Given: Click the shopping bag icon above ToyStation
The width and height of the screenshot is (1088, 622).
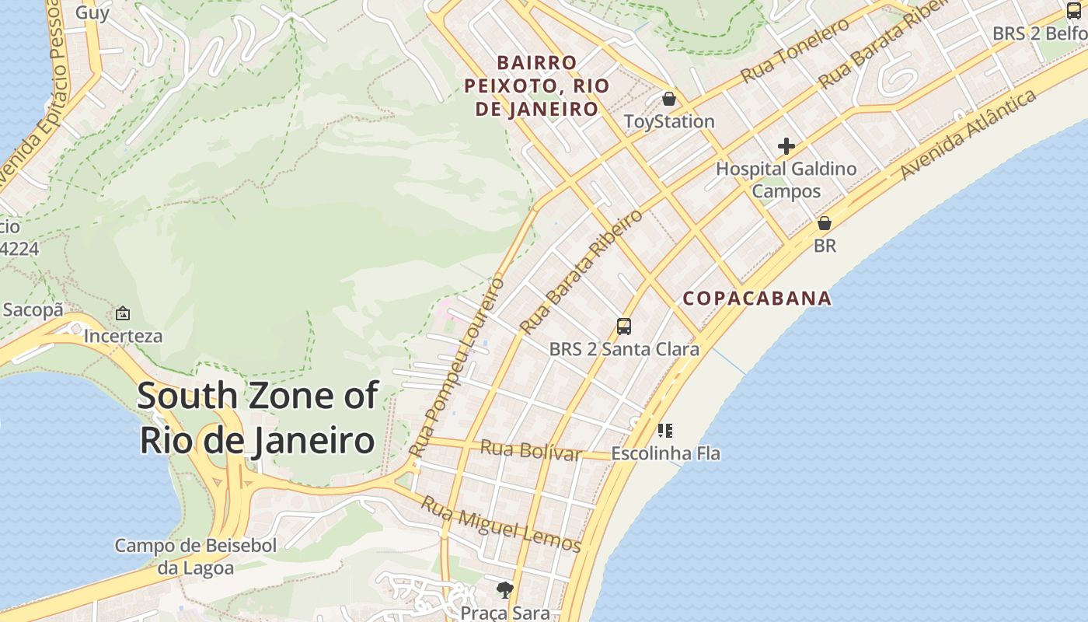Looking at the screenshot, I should (x=668, y=99).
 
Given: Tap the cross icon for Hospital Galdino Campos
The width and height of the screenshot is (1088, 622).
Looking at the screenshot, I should (x=786, y=146).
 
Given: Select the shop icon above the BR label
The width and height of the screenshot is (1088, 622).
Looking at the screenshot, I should (x=824, y=223).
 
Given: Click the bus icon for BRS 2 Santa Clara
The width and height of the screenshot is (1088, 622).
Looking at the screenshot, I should (x=623, y=326).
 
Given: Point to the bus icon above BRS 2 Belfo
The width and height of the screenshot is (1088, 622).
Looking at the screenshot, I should (x=1073, y=11).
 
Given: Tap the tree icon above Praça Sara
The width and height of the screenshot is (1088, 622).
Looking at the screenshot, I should (x=505, y=590).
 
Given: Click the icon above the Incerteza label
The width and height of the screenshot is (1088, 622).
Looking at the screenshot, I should (x=123, y=313).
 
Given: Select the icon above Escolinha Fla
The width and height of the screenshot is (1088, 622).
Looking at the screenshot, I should (x=665, y=430).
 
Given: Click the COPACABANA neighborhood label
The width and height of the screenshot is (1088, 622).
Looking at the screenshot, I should (x=757, y=299).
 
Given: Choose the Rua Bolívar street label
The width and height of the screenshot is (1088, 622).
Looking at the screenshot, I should (x=531, y=450).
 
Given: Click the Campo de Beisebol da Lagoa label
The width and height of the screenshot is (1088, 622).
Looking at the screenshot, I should (x=196, y=557).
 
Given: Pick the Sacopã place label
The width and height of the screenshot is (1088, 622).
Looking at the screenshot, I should (x=33, y=310).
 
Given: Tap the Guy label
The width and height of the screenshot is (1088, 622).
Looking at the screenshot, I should (x=92, y=13).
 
